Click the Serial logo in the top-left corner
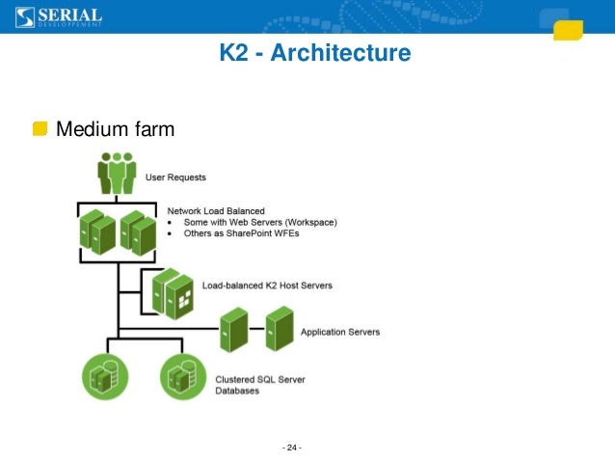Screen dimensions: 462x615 tap(58, 16)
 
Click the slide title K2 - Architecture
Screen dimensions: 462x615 tap(314, 53)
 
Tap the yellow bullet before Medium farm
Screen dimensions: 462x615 tap(40, 128)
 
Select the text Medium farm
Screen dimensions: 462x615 tap(115, 128)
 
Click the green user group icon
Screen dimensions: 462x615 tap(117, 173)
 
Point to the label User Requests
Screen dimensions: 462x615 tap(174, 177)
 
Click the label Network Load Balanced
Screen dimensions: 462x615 tap(216, 210)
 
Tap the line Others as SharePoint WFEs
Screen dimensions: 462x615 tap(246, 233)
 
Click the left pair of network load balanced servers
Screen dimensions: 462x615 tap(97, 232)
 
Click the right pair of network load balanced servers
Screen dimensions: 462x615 tap(138, 232)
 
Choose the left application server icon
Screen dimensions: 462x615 tap(233, 330)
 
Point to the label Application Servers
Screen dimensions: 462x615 tap(340, 332)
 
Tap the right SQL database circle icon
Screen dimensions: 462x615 tap(179, 377)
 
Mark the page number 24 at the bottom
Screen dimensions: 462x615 tap(291, 448)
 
